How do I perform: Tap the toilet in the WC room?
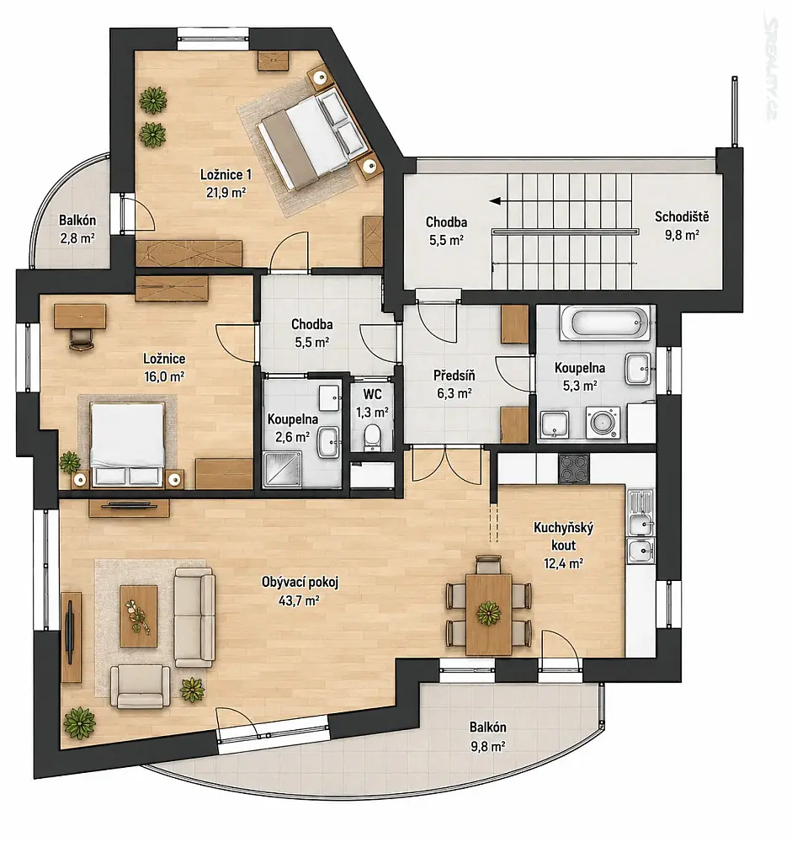tap(371, 436)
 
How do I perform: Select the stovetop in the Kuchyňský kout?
tap(574, 467)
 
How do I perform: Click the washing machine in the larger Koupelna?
tap(603, 422)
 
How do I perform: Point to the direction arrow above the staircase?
tap(500, 201)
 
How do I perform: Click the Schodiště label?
tap(682, 216)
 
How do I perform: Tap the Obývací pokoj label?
tap(300, 582)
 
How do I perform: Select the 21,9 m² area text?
tap(226, 192)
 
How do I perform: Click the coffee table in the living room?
tap(139, 616)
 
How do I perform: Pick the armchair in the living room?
tap(141, 685)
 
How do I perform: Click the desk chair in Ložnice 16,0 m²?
tap(81, 338)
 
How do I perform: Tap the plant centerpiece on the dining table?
tap(489, 613)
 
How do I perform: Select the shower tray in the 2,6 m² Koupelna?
tap(284, 469)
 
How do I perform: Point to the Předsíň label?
tap(454, 375)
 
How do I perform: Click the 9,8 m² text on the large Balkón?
tap(487, 746)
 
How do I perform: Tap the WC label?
tap(372, 394)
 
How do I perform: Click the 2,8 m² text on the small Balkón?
tap(77, 238)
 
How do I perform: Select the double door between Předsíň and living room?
tap(447, 465)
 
